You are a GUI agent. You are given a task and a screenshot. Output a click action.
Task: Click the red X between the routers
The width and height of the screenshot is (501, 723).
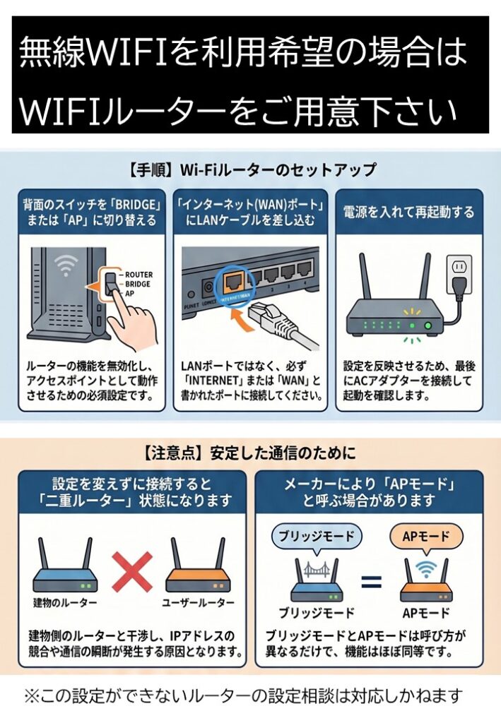coord(132,571)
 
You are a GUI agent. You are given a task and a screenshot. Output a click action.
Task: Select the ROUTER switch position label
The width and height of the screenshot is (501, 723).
coord(138,274)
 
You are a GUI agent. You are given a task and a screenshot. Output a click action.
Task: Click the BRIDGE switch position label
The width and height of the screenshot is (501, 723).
coord(138,283)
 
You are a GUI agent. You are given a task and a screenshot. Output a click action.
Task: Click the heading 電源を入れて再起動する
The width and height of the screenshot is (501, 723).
coord(408,212)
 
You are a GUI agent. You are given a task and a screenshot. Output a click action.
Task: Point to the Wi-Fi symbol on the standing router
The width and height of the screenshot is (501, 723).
coord(67,266)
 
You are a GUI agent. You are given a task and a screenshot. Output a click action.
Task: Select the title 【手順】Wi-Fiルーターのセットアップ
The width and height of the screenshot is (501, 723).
coord(251,170)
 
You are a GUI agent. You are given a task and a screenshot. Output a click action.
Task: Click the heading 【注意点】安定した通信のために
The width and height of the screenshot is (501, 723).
coord(251,453)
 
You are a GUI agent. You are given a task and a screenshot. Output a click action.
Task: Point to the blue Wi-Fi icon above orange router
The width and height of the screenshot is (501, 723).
coord(425,569)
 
